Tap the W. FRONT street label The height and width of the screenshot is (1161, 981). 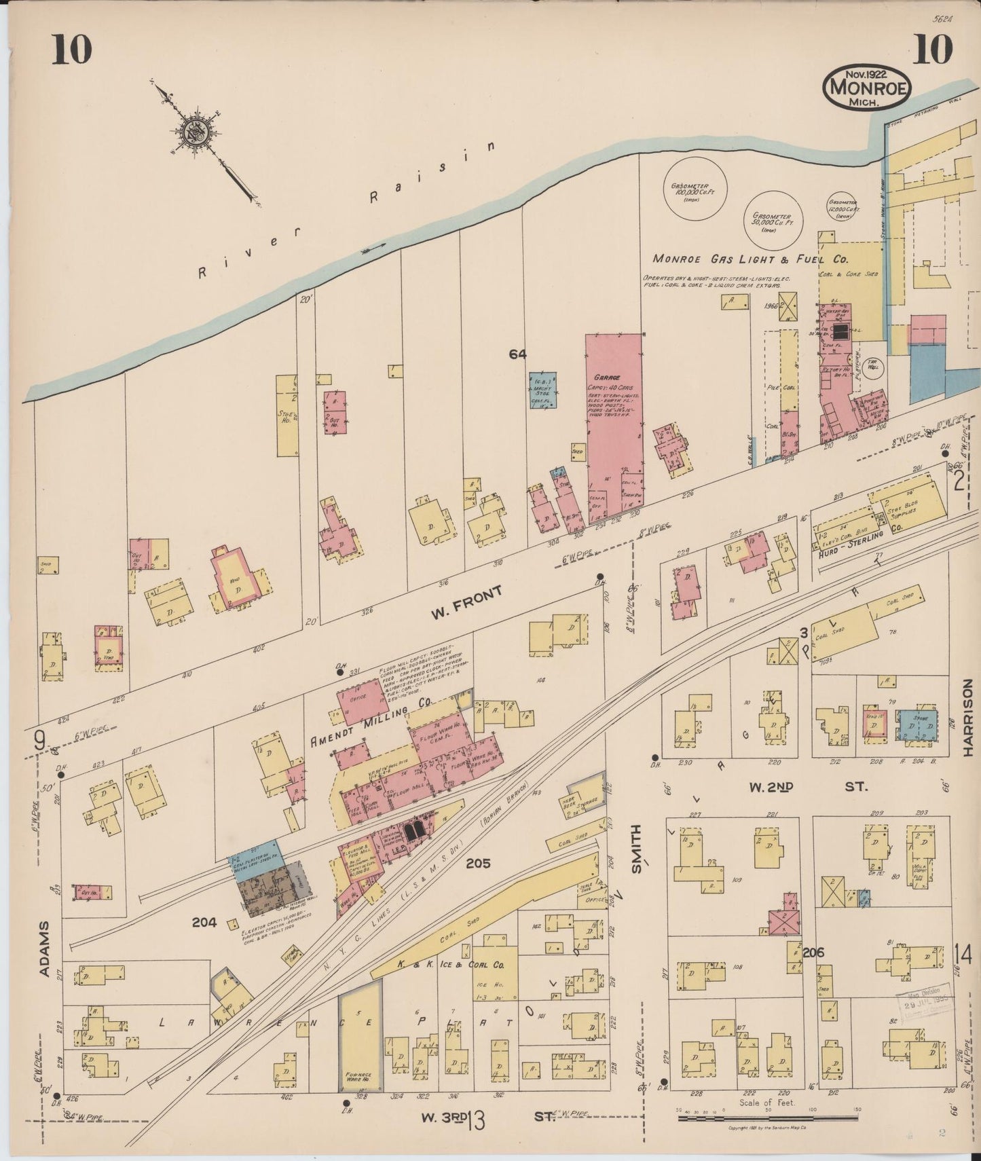(x=467, y=602)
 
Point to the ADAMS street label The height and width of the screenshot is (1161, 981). (x=45, y=949)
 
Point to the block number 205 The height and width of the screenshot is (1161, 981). (x=478, y=864)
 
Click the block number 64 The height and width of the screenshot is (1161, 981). (x=519, y=353)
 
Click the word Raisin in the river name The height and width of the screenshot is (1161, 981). (x=432, y=171)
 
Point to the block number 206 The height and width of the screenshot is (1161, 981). (x=813, y=953)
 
